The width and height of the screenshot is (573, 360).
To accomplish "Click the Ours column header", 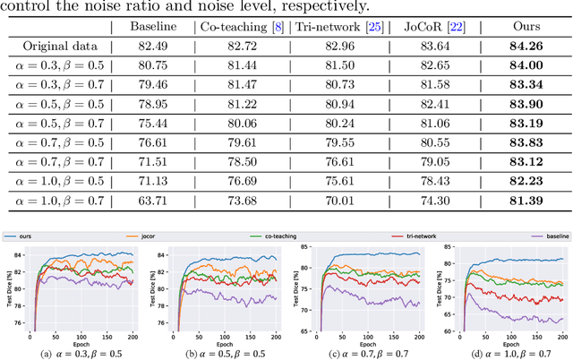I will (518, 28).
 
